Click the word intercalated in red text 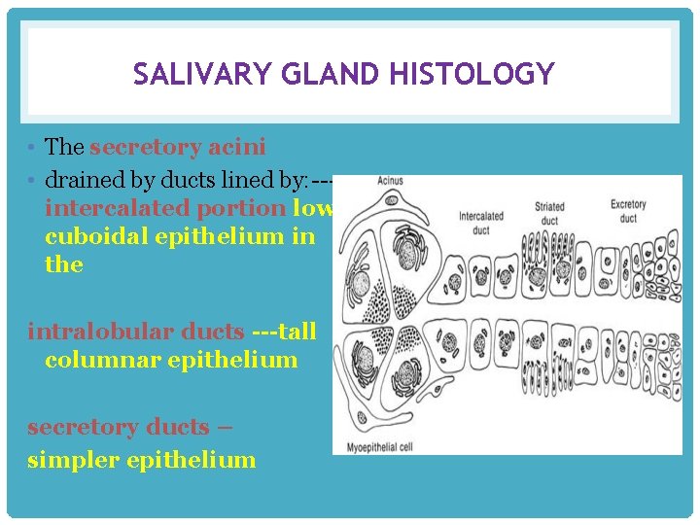(117, 209)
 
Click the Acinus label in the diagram (390, 182)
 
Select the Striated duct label (549, 212)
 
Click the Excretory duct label (628, 210)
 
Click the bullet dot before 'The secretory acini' (33, 148)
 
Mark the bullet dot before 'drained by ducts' (33, 180)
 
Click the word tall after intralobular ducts (297, 332)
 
